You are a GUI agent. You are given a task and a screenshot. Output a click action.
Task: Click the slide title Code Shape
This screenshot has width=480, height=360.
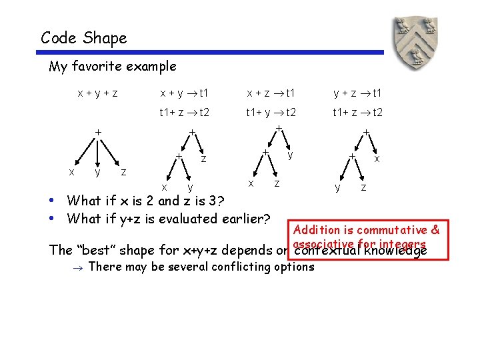coord(83,38)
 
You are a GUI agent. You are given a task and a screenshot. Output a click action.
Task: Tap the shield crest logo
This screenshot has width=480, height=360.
coord(418,42)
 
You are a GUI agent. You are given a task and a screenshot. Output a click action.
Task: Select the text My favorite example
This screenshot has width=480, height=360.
coord(113,66)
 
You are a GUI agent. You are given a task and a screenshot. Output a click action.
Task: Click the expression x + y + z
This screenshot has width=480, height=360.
coord(97,93)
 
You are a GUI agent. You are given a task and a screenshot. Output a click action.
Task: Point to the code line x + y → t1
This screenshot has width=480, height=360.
coord(183,93)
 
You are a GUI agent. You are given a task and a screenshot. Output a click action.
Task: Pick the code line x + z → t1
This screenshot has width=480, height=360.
coord(271,93)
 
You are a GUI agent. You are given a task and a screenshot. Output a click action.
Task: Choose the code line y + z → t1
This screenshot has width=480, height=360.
coord(357,93)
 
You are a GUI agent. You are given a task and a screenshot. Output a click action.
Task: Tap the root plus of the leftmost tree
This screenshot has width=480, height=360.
coord(97,132)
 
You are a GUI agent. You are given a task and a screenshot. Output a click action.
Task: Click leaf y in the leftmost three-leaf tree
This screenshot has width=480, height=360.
coord(97,173)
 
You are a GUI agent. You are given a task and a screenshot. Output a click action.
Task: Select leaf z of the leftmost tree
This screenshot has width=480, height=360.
coord(123,173)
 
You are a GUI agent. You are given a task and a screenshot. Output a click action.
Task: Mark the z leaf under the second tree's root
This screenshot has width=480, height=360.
coord(203,159)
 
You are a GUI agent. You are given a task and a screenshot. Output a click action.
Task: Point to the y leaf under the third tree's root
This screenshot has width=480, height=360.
coord(290,155)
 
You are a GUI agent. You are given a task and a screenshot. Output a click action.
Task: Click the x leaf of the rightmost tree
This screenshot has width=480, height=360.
coord(377,159)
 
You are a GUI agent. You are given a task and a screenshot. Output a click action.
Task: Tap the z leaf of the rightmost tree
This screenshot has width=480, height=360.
coord(363,188)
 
